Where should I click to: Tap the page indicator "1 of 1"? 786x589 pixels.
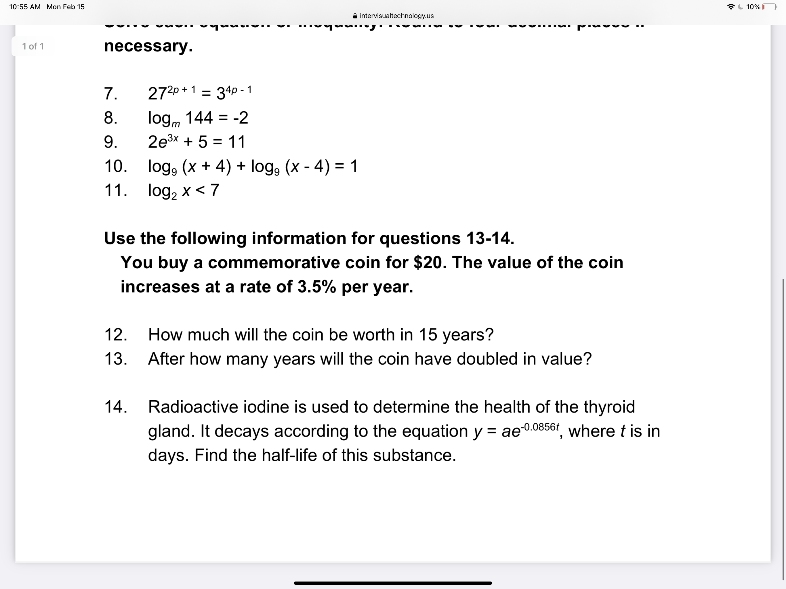[33, 47]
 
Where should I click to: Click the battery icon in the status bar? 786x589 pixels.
[769, 7]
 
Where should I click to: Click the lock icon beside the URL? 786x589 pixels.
[355, 16]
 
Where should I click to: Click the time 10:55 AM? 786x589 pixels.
[25, 7]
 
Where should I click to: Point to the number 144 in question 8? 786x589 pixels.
[199, 118]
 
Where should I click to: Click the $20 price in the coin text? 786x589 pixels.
[427, 263]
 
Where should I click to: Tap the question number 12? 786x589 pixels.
[115, 335]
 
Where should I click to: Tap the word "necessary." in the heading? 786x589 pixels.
[148, 46]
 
